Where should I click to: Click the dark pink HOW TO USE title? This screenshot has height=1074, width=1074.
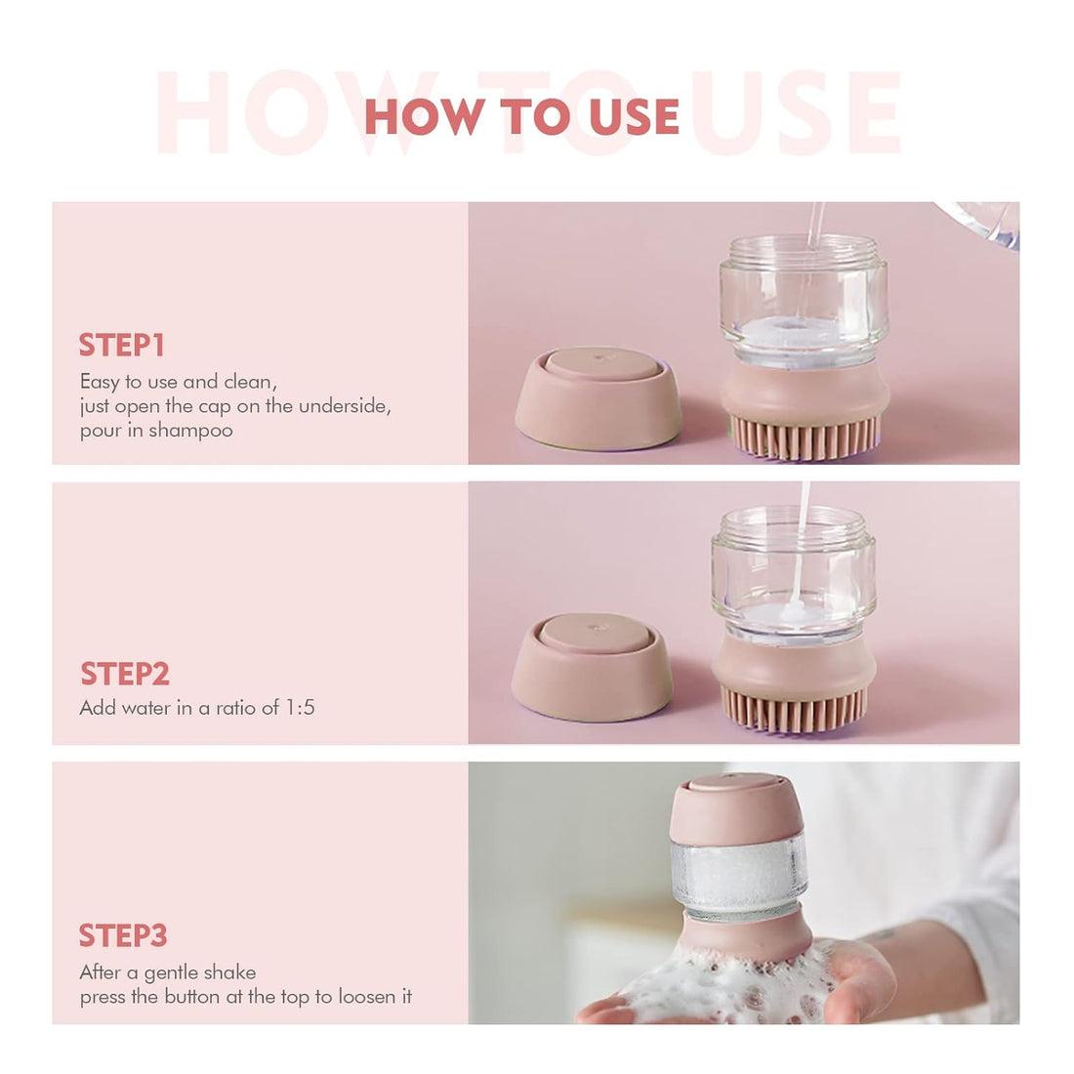(x=521, y=117)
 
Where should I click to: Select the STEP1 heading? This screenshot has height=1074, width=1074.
(x=122, y=346)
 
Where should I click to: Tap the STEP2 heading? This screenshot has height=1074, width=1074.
(x=125, y=674)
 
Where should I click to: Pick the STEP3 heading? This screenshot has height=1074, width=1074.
(x=123, y=935)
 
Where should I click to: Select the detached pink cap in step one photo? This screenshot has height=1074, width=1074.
(x=598, y=398)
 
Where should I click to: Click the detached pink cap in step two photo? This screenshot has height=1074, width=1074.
(x=593, y=667)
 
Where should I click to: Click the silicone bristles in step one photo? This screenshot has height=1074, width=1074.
(x=805, y=438)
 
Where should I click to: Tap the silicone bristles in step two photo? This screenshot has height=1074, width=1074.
(x=793, y=710)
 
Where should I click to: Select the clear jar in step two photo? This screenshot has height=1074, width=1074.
(x=793, y=571)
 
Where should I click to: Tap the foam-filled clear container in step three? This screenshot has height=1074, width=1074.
(x=739, y=874)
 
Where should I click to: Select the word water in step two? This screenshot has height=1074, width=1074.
(x=145, y=708)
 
